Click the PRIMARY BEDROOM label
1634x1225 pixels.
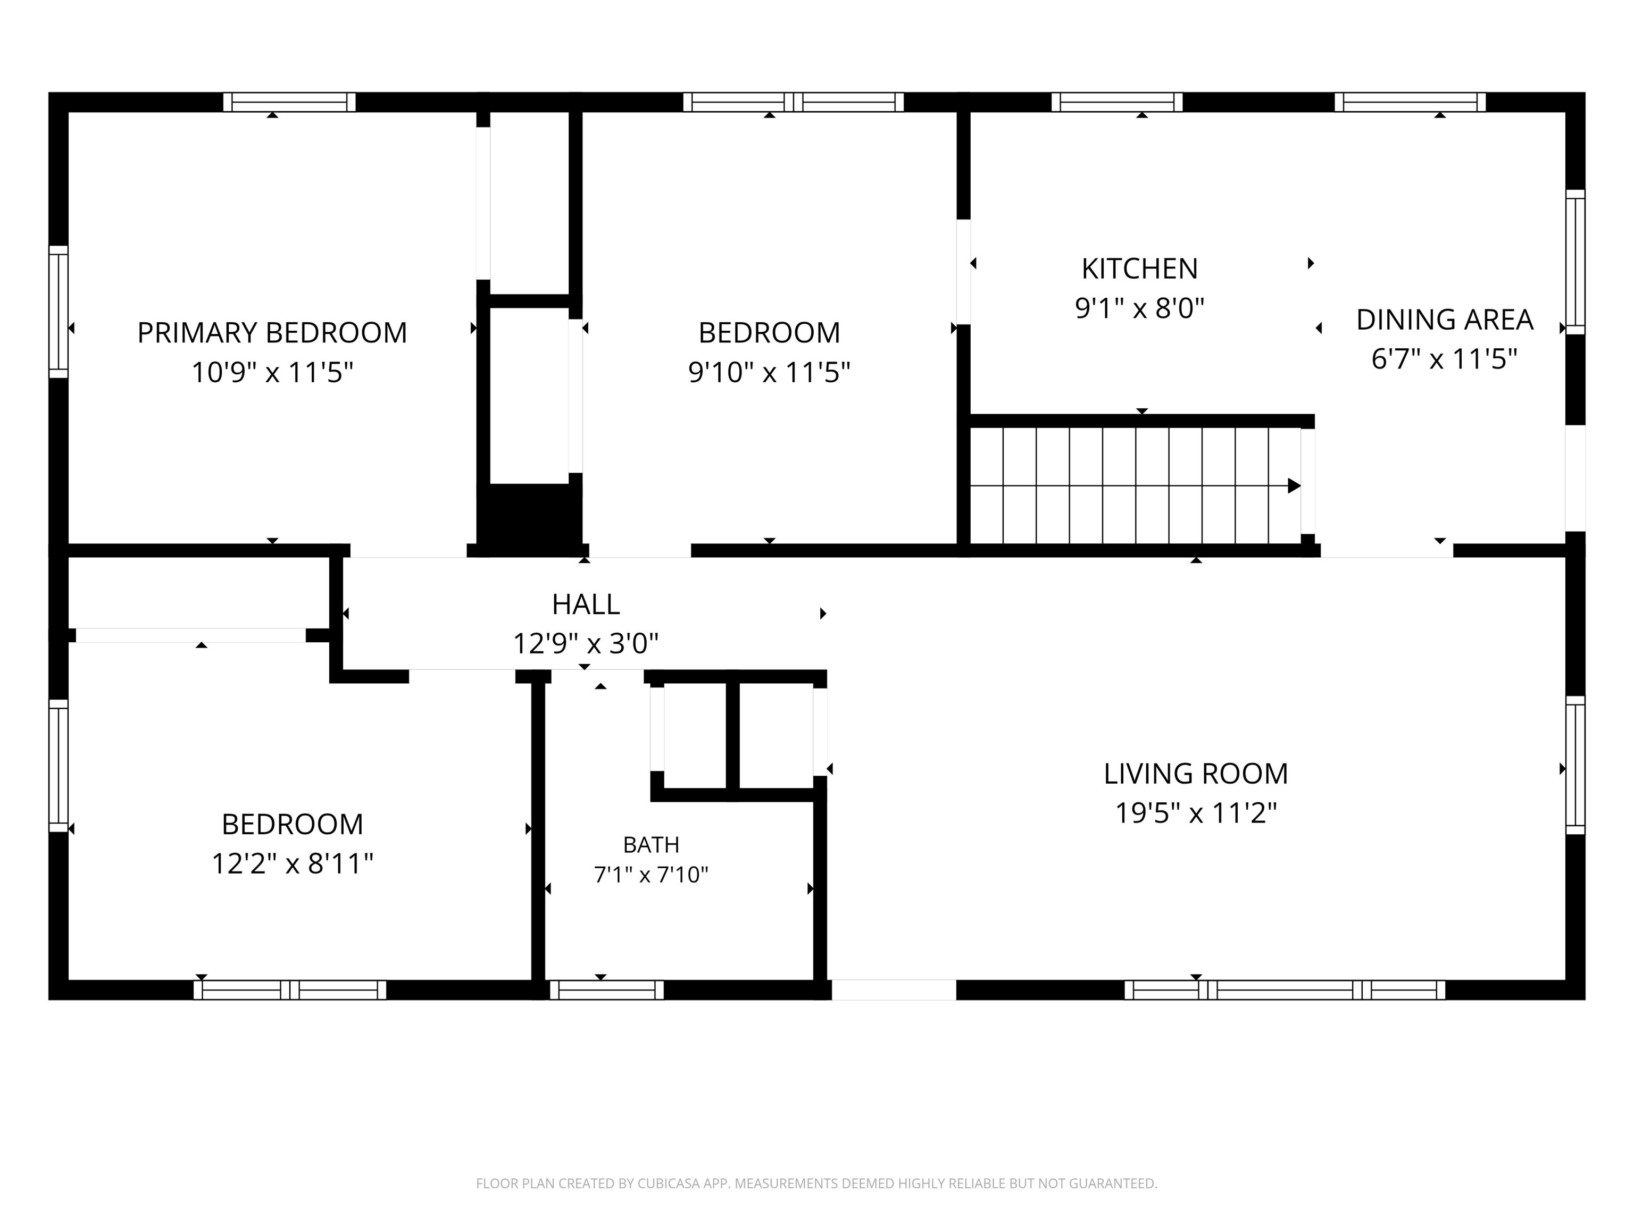[272, 333]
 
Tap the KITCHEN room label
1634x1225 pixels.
[1140, 269]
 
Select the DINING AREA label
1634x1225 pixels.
[1445, 320]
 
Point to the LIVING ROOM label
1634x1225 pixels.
[1196, 774]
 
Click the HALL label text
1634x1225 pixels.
[586, 605]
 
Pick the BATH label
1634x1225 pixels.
[651, 844]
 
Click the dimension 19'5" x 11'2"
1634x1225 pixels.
[1196, 813]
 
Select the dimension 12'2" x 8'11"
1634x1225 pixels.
[293, 863]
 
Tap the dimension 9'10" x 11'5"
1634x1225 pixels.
[769, 372]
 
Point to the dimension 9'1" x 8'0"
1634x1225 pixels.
[1140, 308]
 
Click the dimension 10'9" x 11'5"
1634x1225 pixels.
[272, 372]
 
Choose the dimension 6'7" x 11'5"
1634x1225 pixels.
[1445, 359]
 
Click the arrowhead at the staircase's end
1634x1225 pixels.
[1294, 486]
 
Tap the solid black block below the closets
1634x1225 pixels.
[530, 515]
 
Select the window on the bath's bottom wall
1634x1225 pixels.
[606, 989]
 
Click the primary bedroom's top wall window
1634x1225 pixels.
[289, 102]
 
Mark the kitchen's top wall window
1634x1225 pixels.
[1117, 102]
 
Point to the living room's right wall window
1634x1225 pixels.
[1575, 765]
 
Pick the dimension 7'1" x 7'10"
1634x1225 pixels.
[651, 875]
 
